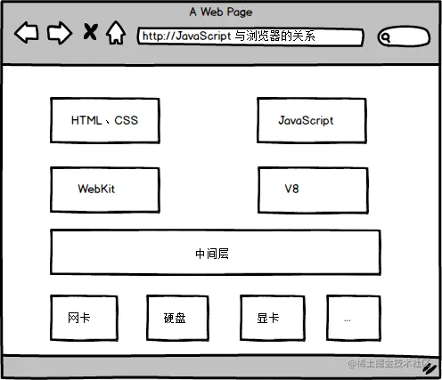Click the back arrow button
pyautogui.click(x=27, y=34)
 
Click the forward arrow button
pyautogui.click(x=59, y=34)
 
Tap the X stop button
pyautogui.click(x=89, y=34)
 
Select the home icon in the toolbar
pyautogui.click(x=115, y=34)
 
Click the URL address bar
pyautogui.click(x=250, y=37)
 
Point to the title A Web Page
pyautogui.click(x=220, y=12)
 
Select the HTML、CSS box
pyautogui.click(x=105, y=120)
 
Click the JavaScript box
pyautogui.click(x=312, y=120)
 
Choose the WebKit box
pyautogui.click(x=105, y=189)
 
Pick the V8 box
pyautogui.click(x=312, y=189)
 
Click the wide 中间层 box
pyautogui.click(x=215, y=253)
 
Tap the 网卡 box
pyautogui.click(x=84, y=318)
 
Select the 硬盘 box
pyautogui.click(x=177, y=318)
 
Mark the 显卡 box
pyautogui.click(x=272, y=318)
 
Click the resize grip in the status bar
pyautogui.click(x=430, y=368)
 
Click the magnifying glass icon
pyautogui.click(x=386, y=37)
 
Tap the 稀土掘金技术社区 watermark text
pyautogui.click(x=390, y=365)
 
